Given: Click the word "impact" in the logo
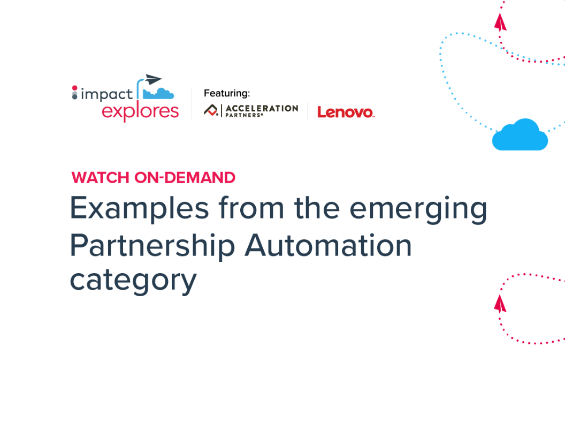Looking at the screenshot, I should point(106,94).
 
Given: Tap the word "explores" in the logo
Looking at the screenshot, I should point(140,111).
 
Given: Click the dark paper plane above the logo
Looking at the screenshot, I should point(153,80).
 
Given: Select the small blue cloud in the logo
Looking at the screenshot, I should point(159,94).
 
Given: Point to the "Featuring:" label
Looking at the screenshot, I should point(227,93).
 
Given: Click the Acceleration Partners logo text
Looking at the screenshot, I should point(261,110).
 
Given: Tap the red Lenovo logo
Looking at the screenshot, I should point(346,112).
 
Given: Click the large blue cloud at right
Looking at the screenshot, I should point(520,135).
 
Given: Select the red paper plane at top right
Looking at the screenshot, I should point(500,22).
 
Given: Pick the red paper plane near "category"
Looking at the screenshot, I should point(500,304).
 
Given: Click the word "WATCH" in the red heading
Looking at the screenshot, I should point(101,178).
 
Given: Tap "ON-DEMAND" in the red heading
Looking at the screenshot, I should point(185,178).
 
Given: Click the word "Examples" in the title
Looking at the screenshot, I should point(139,208).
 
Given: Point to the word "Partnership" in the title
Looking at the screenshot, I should point(152,246).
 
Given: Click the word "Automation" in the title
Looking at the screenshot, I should point(329,245).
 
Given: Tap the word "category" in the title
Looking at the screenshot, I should point(133,281).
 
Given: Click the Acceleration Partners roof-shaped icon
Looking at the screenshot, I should point(211,110).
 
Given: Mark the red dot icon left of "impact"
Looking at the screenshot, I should point(74,88).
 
